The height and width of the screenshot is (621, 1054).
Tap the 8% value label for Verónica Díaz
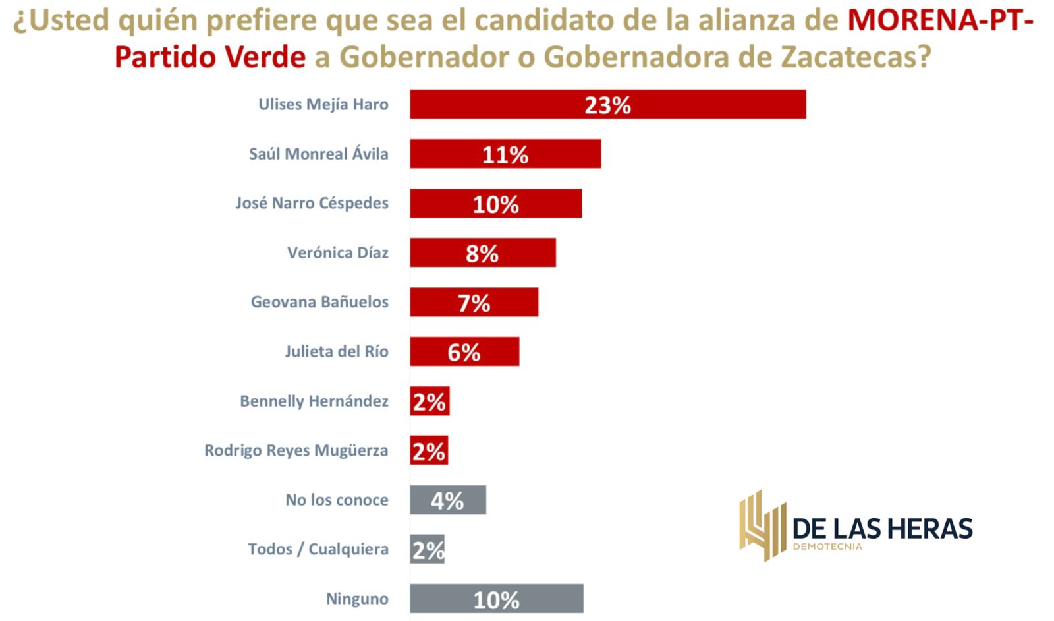point(482,253)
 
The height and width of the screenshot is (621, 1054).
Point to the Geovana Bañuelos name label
point(319,302)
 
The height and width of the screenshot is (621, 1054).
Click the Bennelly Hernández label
point(314,401)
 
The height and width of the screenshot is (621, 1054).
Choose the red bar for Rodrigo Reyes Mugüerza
point(429,450)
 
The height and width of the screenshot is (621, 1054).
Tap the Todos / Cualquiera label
point(318,549)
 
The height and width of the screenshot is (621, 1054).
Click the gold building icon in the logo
point(762,525)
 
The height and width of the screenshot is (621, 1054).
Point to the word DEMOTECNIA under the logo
point(827,547)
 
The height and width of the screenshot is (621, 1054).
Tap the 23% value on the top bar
point(607,105)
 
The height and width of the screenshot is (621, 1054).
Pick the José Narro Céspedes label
point(312,203)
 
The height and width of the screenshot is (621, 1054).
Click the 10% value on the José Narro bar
point(496,204)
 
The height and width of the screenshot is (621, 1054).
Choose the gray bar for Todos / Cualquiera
point(428,549)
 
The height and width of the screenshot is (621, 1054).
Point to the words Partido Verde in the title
point(210,57)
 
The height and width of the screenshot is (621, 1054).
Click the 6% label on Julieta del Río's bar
point(464,353)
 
